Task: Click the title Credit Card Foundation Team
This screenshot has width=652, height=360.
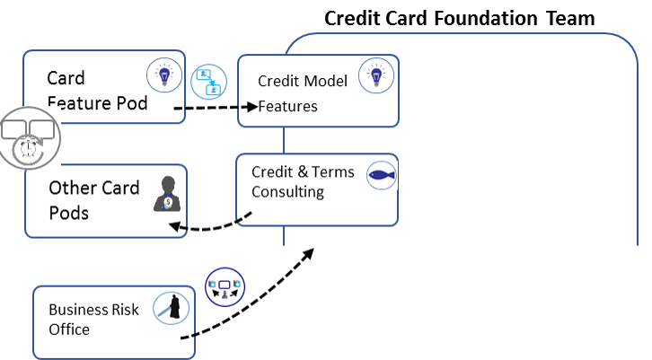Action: (x=460, y=18)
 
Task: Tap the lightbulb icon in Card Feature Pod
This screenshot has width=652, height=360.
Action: (x=164, y=75)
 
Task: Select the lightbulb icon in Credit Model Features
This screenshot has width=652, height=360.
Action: (x=376, y=75)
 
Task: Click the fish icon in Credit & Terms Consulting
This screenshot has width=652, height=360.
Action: (x=382, y=175)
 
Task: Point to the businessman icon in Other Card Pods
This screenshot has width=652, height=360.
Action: (x=168, y=194)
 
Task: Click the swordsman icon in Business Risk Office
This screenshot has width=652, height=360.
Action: (x=171, y=308)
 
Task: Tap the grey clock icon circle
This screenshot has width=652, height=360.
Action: (x=30, y=138)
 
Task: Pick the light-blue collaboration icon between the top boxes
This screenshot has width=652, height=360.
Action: (x=208, y=82)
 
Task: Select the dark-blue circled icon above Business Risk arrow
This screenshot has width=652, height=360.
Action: (x=225, y=287)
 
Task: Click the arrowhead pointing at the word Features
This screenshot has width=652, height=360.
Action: (x=252, y=107)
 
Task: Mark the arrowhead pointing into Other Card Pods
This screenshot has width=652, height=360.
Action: (x=174, y=226)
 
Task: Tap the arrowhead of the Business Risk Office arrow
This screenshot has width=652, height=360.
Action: (x=308, y=253)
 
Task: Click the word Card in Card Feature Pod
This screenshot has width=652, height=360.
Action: (x=66, y=78)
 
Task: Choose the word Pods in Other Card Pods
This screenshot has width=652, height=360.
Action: (x=68, y=214)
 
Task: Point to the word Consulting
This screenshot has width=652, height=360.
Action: (x=287, y=191)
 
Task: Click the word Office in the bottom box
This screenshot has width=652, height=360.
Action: (x=69, y=329)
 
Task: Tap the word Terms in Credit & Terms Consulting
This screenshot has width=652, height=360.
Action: (x=333, y=171)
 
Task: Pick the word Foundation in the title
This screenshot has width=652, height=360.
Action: (x=486, y=18)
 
